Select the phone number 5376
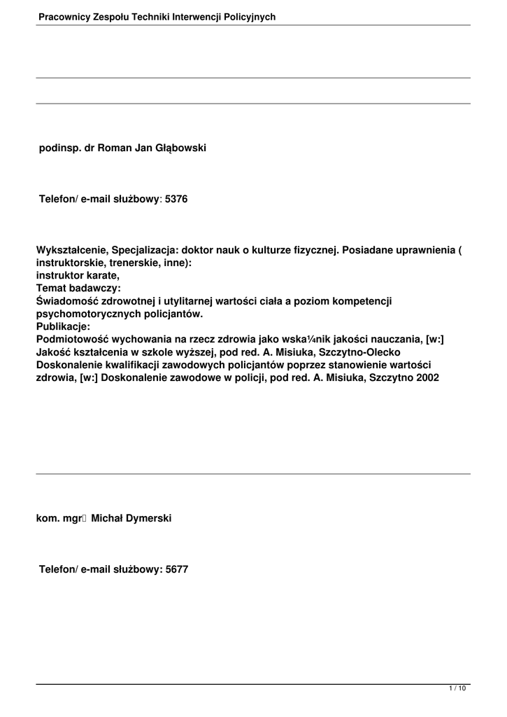(176, 200)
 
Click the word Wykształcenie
(70, 251)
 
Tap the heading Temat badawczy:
(78, 288)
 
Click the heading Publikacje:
(63, 326)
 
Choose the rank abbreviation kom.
(48, 518)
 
